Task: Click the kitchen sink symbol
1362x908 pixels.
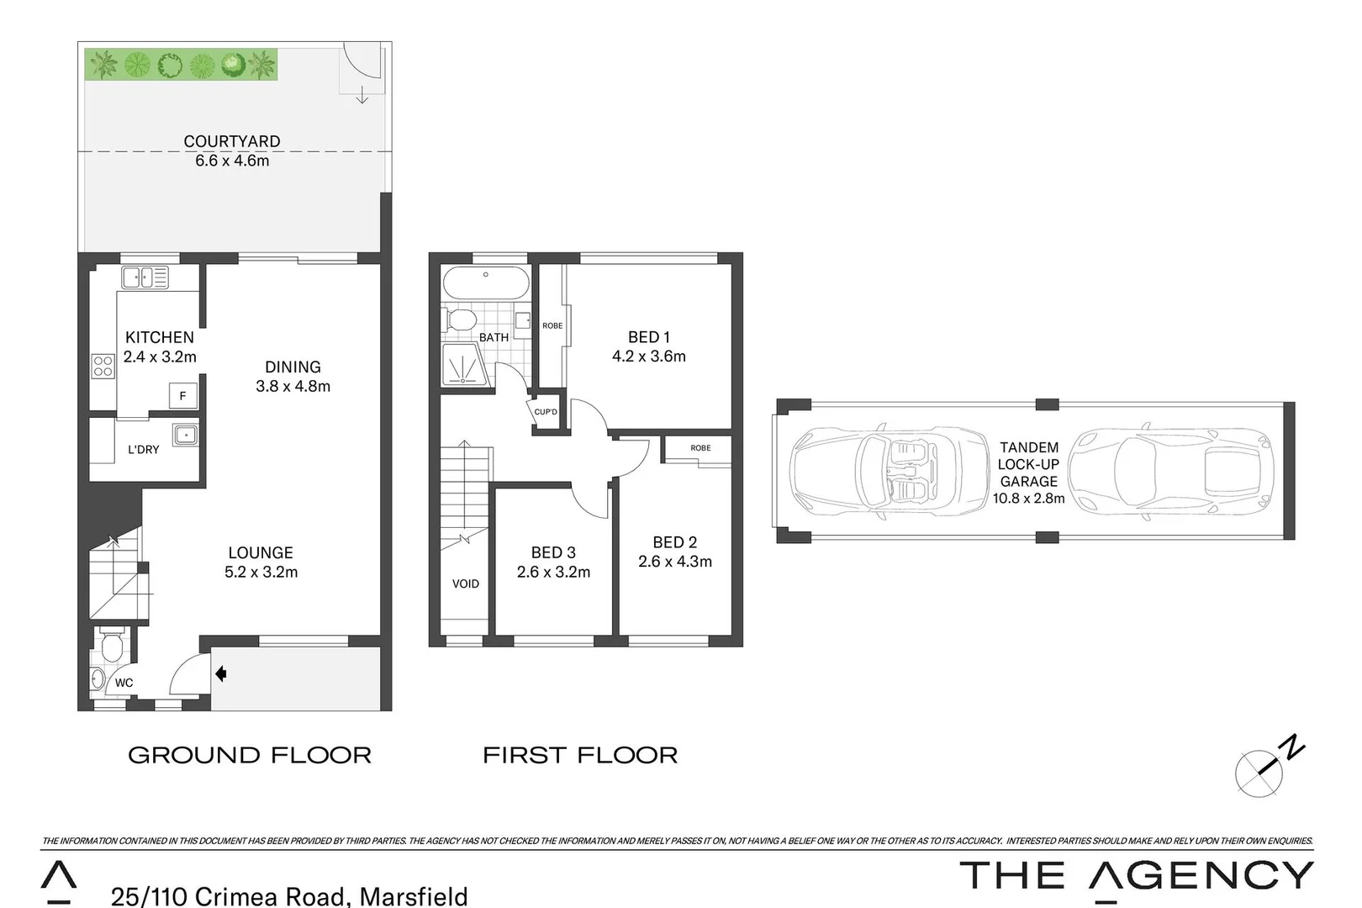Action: pos(144,277)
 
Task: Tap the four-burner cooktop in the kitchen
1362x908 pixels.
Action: pos(103,367)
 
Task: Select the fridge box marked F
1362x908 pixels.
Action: pos(182,396)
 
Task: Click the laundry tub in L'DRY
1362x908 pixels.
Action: pos(185,435)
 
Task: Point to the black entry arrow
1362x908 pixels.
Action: pos(221,673)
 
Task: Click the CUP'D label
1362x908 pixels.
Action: pos(546,412)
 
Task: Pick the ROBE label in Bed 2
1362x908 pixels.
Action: pos(700,448)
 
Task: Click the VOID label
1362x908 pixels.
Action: pos(465,583)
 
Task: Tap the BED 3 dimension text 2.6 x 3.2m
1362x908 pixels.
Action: pos(553,573)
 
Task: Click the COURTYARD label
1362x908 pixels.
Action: pos(232,141)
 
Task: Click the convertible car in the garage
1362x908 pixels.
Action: pos(890,470)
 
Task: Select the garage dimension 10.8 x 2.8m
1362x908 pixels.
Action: pos(1028,498)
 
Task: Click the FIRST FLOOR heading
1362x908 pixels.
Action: pos(580,755)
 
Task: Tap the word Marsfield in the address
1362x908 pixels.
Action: pos(413,895)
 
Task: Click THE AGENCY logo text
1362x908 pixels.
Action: pos(1136,875)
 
